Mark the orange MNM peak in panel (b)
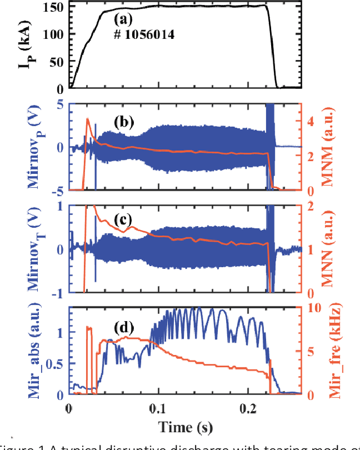point(88,119)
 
